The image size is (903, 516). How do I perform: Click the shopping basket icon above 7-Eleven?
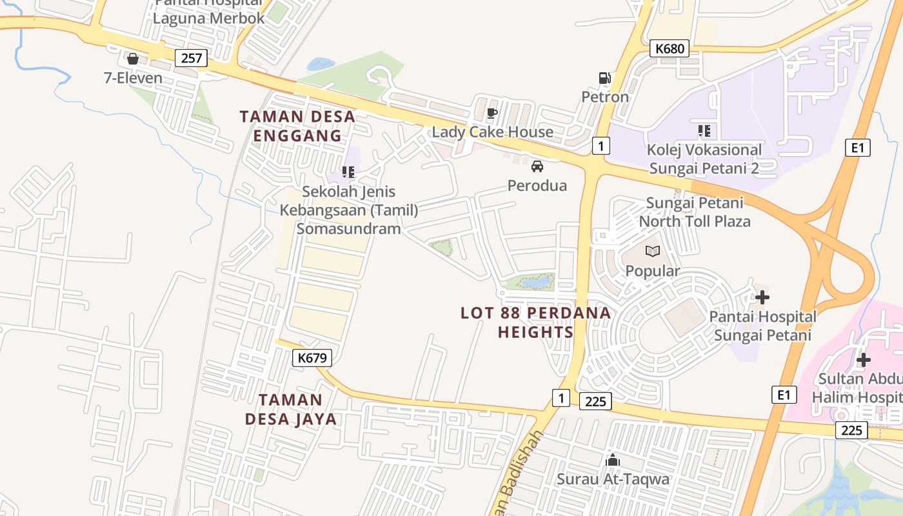coord(133,59)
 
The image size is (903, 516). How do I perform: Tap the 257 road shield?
coord(192,58)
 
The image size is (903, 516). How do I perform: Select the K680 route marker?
coord(669,48)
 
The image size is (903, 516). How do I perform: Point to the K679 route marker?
coord(312,358)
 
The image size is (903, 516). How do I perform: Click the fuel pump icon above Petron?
coord(604,78)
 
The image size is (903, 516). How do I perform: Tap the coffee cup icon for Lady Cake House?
coord(492,114)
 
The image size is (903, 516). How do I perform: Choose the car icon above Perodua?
coord(537,166)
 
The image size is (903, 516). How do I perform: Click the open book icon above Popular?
coord(653,251)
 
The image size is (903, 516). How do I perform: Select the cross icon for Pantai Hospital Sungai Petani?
coord(762,297)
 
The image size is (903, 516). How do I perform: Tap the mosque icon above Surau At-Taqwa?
coord(613,461)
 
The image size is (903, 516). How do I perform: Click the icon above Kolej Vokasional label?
coord(704,131)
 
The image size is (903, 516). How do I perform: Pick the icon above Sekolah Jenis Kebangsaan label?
coord(348,172)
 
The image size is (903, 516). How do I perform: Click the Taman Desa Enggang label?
coord(297,126)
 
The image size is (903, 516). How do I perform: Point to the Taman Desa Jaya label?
coord(291,409)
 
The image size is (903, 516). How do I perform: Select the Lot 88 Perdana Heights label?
coord(535,322)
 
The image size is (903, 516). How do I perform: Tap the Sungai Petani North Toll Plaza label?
coord(695,212)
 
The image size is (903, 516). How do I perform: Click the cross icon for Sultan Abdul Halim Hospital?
coord(864,359)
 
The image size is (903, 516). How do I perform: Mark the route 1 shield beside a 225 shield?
coord(561,398)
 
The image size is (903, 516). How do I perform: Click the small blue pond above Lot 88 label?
coord(537,282)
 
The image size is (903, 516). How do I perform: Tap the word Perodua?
coord(537,186)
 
